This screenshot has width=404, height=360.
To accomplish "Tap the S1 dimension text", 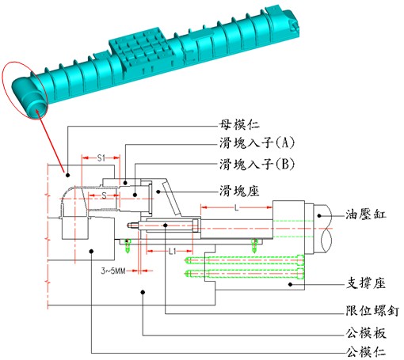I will coord(101,158).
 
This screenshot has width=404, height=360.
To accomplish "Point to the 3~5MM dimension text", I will coord(117,271).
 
